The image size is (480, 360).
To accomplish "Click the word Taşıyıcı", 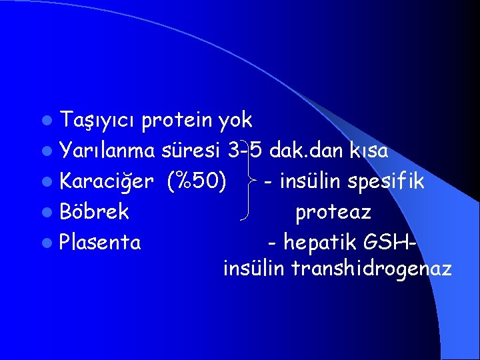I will (98, 121).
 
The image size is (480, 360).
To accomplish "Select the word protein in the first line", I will (177, 121).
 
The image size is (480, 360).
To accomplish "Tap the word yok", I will (235, 121).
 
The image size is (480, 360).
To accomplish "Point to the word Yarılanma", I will (107, 151).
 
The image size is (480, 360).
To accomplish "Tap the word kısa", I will (368, 151).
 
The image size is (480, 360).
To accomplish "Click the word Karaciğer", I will (109, 181).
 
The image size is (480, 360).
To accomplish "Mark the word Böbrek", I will (94, 212).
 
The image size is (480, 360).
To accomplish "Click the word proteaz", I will (333, 212).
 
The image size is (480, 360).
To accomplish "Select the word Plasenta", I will (100, 242).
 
